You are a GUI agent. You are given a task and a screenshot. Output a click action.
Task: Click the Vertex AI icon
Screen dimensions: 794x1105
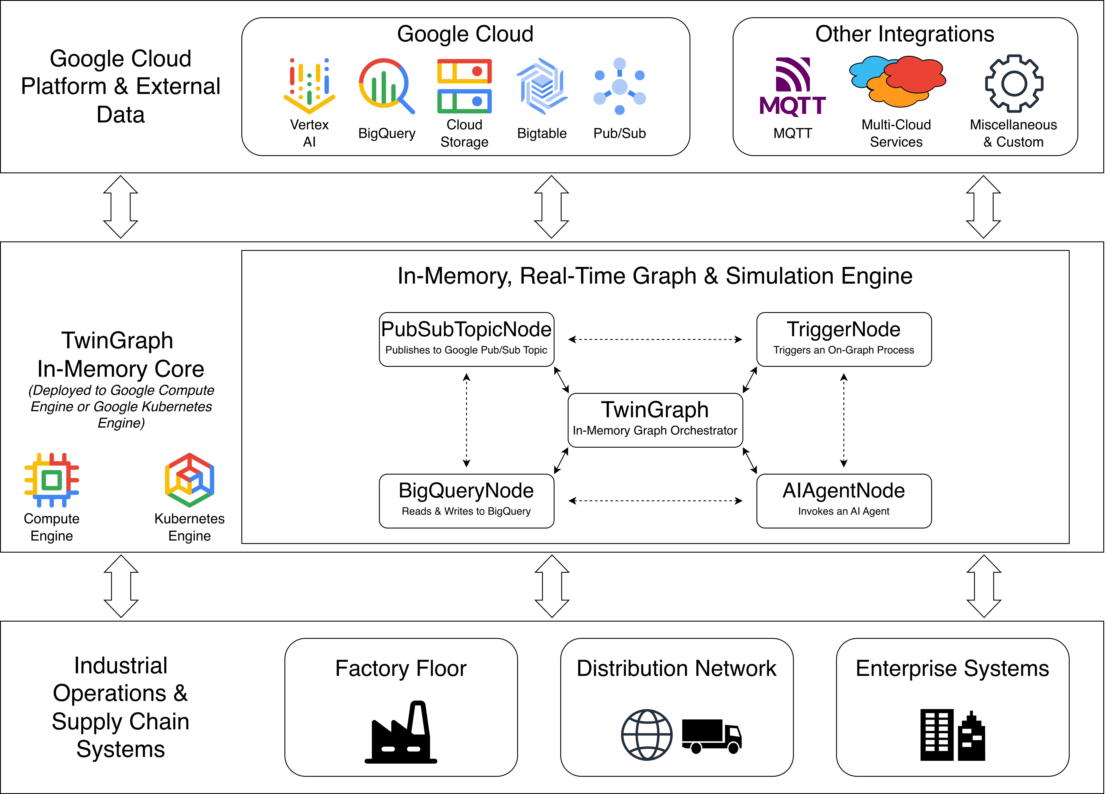[x=309, y=85]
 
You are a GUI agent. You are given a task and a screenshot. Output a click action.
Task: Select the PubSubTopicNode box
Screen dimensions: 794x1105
[x=466, y=339]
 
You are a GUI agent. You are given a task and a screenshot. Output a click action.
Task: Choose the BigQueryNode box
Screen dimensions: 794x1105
[x=466, y=501]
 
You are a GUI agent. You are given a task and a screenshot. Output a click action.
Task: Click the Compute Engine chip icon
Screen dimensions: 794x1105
[x=52, y=480]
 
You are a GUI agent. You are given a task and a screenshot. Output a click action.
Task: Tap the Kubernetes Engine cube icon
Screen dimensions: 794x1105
[x=190, y=480]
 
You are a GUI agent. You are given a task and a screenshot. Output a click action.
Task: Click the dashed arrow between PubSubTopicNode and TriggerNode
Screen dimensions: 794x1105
[x=655, y=339]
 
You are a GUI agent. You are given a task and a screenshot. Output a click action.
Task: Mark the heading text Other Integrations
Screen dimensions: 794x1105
[x=905, y=34]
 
